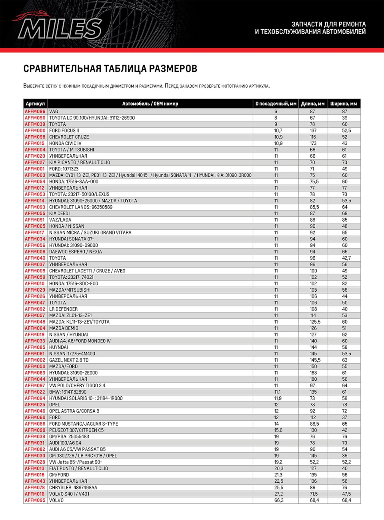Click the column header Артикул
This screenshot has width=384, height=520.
tap(35, 104)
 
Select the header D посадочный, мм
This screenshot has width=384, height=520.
tap(276, 104)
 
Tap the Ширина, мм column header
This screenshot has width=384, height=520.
tap(344, 104)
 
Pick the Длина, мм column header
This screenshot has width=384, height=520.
tap(313, 104)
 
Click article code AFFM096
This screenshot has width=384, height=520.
tap(35, 112)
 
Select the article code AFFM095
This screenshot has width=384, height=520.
tap(35, 500)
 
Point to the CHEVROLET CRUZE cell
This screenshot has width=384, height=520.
tap(69, 137)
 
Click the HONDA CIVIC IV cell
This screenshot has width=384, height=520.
tap(65, 144)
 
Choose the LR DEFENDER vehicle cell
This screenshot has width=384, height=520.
tap(63, 309)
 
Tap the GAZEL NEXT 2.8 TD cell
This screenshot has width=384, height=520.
tap(69, 360)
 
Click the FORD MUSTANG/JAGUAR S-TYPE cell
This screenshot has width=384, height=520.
tap(84, 424)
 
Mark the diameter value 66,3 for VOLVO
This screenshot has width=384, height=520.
tap(279, 500)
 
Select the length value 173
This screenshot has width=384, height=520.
tap(313, 144)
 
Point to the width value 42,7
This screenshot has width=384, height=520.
tap(346, 258)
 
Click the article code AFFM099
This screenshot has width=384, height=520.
tap(35, 430)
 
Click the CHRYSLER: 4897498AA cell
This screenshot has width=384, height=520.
tap(73, 488)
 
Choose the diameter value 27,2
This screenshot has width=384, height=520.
tap(279, 494)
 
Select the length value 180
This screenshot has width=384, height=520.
tap(313, 379)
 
